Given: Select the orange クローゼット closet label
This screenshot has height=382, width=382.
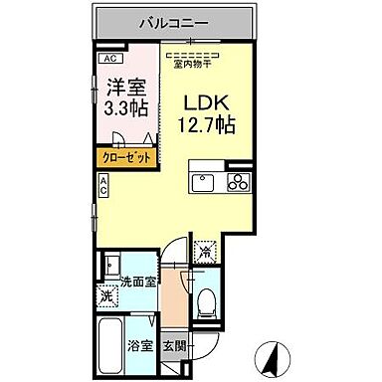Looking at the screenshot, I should (125, 157).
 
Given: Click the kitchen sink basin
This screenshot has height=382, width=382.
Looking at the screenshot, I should (204, 183).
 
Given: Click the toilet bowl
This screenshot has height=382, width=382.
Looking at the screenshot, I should (207, 301).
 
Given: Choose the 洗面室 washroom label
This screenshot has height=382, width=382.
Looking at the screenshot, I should (139, 283).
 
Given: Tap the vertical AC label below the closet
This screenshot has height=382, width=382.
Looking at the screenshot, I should (102, 184).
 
